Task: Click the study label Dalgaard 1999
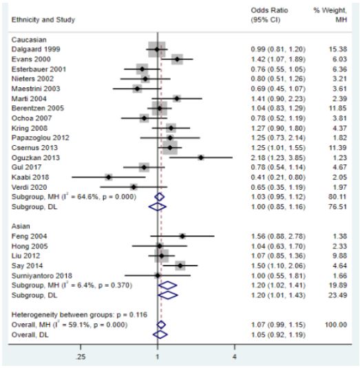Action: pyautogui.click(x=36, y=50)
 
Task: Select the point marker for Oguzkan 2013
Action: pyautogui.click(x=201, y=158)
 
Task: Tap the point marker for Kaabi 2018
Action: pyautogui.click(x=109, y=177)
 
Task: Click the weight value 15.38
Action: pyautogui.click(x=338, y=50)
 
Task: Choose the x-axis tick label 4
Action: pyautogui.click(x=235, y=357)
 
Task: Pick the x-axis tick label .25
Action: pyautogui.click(x=81, y=357)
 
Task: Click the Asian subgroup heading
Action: pyautogui.click(x=21, y=226)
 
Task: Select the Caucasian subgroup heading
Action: pyautogui.click(x=29, y=40)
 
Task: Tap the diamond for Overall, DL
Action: pyautogui.click(x=160, y=335)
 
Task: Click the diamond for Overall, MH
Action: pyautogui.click(x=161, y=325)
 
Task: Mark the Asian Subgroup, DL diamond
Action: pyautogui.click(x=169, y=295)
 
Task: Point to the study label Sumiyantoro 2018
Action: pyautogui.click(x=42, y=276)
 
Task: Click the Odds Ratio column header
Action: pyautogui.click(x=269, y=10)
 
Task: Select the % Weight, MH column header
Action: pyautogui.click(x=330, y=14)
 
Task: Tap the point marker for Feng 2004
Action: pyautogui.click(x=182, y=236)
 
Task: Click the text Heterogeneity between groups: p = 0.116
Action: pyautogui.click(x=79, y=315)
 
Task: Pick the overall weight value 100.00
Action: pyautogui.click(x=336, y=325)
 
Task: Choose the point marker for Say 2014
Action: pyautogui.click(x=180, y=266)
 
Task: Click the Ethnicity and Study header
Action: pyautogui.click(x=43, y=20)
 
